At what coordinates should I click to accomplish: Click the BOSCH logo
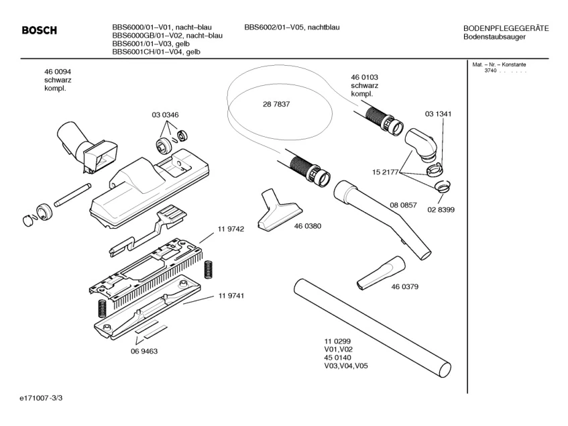coord(40,30)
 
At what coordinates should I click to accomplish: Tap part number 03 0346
coord(165,115)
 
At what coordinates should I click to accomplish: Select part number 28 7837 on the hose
coord(276,105)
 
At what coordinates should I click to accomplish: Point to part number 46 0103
coord(364,78)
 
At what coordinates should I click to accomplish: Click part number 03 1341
coord(437,114)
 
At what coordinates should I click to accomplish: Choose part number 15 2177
coord(386,172)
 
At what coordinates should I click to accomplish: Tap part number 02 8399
coord(441,209)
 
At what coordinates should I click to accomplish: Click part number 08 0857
coord(403,204)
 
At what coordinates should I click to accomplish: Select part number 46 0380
coord(307,226)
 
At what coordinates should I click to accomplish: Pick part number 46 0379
coord(404,287)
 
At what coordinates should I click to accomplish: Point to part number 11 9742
coord(230,229)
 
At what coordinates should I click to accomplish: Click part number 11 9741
coord(230,296)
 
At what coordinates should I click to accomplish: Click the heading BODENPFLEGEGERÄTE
coord(506,28)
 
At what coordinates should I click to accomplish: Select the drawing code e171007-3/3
coord(42,398)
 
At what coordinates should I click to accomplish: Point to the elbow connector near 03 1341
coord(420,144)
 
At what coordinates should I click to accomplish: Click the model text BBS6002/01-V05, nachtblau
coord(292,28)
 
